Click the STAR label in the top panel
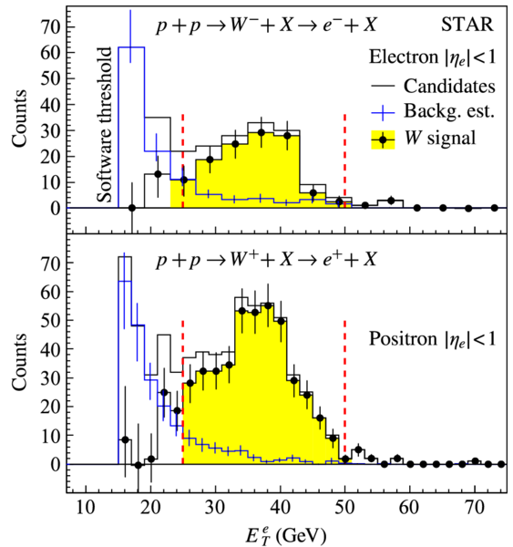(x=467, y=25)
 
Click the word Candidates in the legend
(x=449, y=86)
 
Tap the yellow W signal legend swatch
(x=383, y=139)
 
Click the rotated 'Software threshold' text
(x=105, y=125)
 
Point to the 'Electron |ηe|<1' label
(x=433, y=57)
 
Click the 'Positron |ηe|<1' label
(x=433, y=339)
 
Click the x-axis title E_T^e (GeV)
(x=286, y=535)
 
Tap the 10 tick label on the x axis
(x=86, y=508)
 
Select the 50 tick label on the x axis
(x=345, y=508)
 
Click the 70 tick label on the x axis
(x=475, y=508)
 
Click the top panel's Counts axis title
(x=19, y=118)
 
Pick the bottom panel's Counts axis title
(x=19, y=362)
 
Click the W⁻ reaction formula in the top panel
(x=267, y=26)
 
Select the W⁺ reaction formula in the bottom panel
(x=267, y=260)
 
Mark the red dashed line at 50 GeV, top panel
(x=344, y=161)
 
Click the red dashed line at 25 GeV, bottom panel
(x=183, y=392)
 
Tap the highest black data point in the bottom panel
(x=268, y=305)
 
